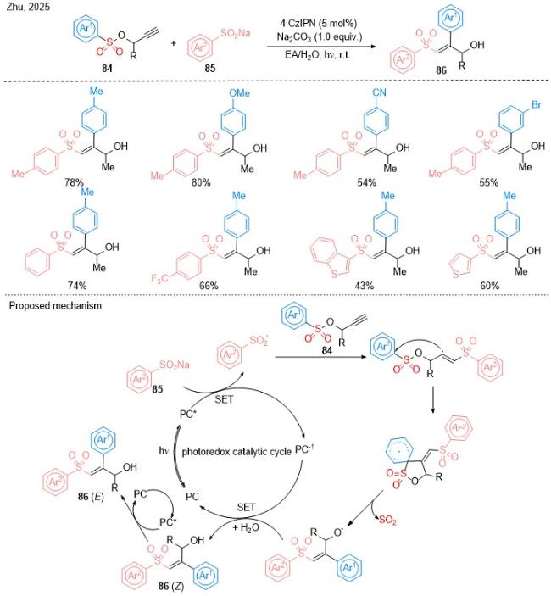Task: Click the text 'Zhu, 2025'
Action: click(28, 7)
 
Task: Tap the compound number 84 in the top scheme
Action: click(107, 69)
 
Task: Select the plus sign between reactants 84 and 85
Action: click(173, 43)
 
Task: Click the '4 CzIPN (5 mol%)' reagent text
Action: click(319, 23)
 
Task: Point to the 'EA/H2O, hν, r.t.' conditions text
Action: click(318, 55)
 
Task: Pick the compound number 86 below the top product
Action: click(441, 70)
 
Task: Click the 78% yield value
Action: click(74, 182)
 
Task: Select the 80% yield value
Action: click(201, 183)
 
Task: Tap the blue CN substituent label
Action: click(379, 92)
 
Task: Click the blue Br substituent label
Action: click(536, 104)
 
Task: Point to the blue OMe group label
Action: click(240, 92)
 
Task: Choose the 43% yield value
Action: click(364, 285)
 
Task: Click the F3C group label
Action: click(159, 279)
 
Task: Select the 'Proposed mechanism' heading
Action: click(55, 305)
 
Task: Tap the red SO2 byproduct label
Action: click(387, 520)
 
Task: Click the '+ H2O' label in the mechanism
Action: click(246, 527)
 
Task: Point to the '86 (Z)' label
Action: click(171, 586)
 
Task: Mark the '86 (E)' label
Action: click(92, 497)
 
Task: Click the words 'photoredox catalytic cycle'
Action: click(237, 452)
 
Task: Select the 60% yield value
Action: click(490, 285)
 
